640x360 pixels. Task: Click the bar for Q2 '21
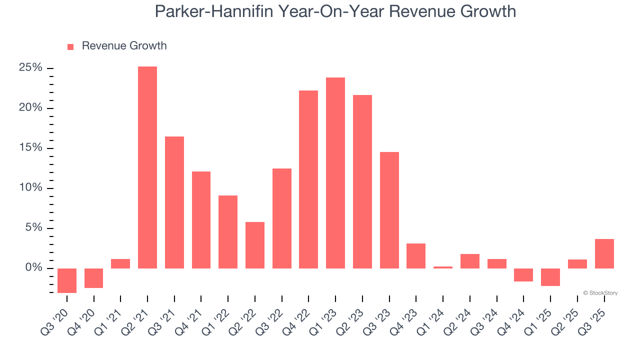pos(147,167)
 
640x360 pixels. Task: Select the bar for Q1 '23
pos(335,173)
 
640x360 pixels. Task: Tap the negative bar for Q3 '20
pos(67,280)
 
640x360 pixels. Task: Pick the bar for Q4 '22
pos(308,179)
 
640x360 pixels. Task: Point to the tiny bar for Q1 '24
pos(443,267)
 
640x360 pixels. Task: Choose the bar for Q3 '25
pos(604,253)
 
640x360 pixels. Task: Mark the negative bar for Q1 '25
pos(550,277)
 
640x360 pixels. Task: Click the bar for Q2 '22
pos(255,245)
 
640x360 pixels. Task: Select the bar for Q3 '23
pos(389,210)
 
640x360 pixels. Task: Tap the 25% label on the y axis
pos(30,68)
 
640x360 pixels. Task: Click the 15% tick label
pos(30,148)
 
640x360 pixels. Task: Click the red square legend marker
pos(70,46)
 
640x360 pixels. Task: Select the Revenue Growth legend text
pos(124,46)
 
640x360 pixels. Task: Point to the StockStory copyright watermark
pos(600,293)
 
